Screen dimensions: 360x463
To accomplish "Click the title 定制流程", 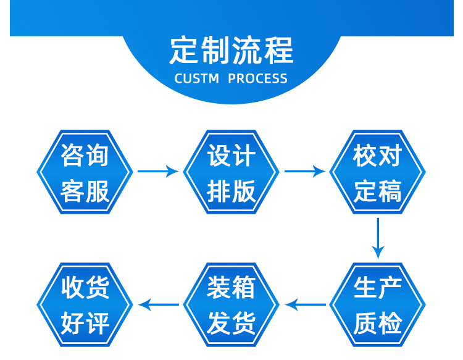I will point(231,50).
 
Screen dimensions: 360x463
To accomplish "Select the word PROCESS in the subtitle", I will point(257,78).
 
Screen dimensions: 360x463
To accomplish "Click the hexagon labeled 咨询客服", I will point(85,172).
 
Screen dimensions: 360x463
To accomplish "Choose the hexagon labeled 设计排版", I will point(231,172).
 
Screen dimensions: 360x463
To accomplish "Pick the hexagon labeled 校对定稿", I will point(378,172).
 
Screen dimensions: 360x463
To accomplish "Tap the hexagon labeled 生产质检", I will point(378,304).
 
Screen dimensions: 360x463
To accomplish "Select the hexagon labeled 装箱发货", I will point(231,304).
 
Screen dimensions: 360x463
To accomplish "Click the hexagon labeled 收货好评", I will point(85,304).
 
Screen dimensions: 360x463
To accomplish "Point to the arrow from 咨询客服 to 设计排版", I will point(158,171).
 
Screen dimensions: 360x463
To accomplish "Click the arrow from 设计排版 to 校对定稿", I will point(304,171).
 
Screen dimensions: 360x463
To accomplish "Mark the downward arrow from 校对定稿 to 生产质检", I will point(378,238).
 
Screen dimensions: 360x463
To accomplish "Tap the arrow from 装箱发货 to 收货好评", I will point(159,304).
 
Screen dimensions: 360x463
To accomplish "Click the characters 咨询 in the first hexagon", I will point(85,156).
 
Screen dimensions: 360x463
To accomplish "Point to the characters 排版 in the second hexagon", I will point(231,191).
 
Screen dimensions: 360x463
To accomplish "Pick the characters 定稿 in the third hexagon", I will point(378,191).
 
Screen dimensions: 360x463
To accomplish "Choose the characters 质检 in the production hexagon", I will point(378,323).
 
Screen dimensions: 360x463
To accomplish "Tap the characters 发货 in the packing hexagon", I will point(231,323).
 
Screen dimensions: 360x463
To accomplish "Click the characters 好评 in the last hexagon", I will point(85,323).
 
